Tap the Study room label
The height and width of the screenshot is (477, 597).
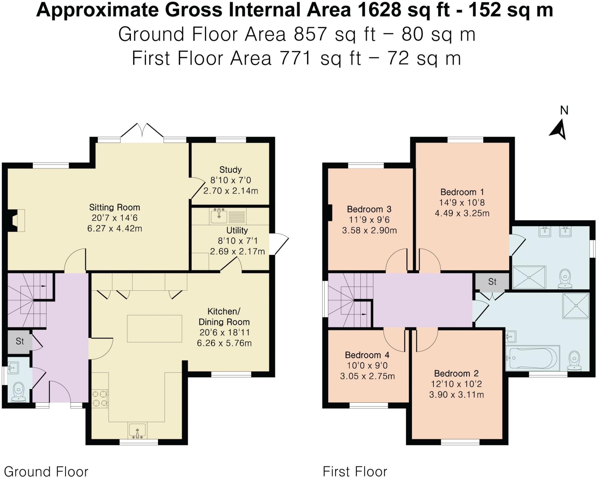coord(230,170)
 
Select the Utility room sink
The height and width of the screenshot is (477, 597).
coord(219,216)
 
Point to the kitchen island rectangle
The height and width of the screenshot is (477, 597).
coord(154,328)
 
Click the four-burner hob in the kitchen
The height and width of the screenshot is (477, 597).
coord(100,399)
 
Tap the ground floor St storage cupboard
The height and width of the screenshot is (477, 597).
coord(19,341)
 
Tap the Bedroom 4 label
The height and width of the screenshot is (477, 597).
coord(367,355)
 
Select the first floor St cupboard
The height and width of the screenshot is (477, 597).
coord(492,281)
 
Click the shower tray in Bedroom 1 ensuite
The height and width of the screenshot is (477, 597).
coord(529,277)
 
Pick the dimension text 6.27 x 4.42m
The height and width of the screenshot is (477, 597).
coord(115,228)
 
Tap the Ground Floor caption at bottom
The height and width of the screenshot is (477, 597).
coord(46,471)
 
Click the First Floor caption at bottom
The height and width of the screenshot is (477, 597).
coord(355,471)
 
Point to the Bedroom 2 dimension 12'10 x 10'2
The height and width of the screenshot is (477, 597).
coord(456,384)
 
